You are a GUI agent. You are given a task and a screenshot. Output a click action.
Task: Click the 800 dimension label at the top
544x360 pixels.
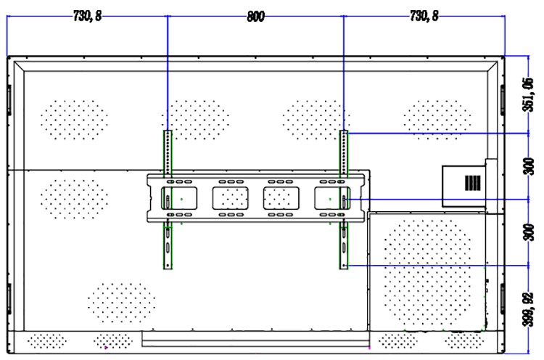(256, 17)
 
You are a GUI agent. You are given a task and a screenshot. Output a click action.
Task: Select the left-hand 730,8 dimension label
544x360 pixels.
(88, 16)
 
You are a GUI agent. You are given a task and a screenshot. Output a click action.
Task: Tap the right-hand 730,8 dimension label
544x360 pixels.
(424, 16)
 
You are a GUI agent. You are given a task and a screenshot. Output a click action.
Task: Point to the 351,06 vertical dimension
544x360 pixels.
(528, 94)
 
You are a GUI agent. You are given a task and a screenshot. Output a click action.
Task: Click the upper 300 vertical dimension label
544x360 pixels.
(529, 166)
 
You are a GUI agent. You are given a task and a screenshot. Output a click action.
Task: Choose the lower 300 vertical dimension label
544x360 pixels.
(529, 232)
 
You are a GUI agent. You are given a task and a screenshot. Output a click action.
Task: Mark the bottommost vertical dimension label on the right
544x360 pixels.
(528, 310)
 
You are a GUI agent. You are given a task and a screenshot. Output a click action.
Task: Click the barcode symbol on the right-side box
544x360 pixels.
(473, 183)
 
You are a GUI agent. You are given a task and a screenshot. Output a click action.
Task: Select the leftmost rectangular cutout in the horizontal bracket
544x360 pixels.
(179, 198)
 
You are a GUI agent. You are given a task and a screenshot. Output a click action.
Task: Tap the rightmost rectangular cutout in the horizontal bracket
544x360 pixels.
(332, 198)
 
